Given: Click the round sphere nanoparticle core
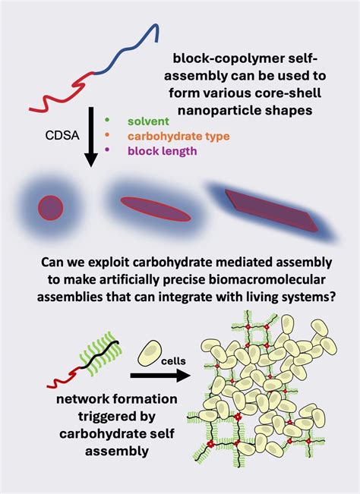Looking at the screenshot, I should tap(50, 207).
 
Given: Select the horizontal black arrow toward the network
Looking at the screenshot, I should tap(159, 374).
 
